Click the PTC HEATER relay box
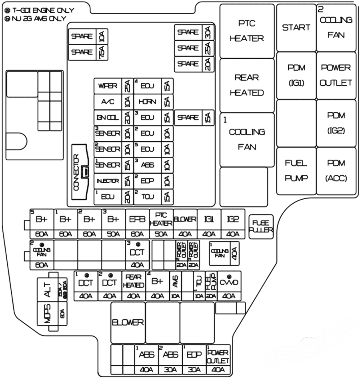[x=247, y=31]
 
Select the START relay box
[x=296, y=28]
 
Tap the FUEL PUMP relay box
[x=296, y=171]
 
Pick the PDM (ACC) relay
[x=336, y=171]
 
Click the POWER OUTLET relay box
[x=336, y=75]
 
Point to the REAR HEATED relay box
[x=247, y=85]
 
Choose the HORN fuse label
[x=147, y=102]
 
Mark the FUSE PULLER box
[x=261, y=226]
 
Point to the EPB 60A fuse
[x=137, y=224]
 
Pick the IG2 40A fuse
[x=233, y=224]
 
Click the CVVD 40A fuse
[x=229, y=286]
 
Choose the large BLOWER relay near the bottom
[x=128, y=322]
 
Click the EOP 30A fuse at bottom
[x=194, y=359]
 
